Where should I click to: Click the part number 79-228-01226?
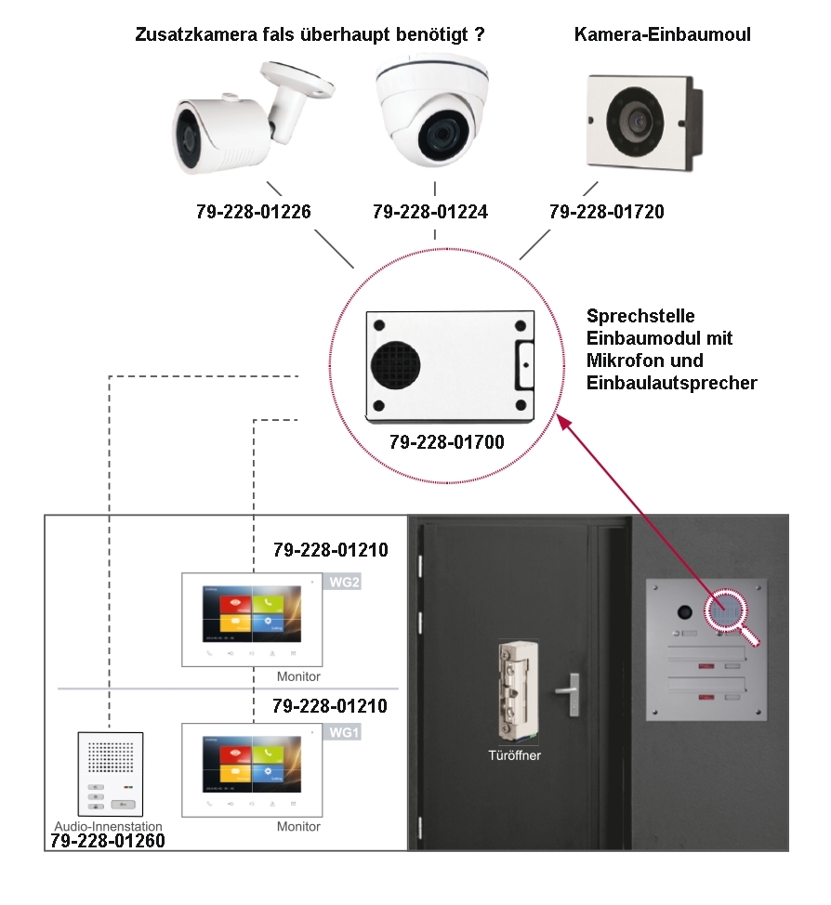click(253, 212)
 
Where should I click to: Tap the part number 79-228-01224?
click(429, 212)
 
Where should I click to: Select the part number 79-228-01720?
click(607, 212)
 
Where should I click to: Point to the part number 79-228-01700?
click(447, 442)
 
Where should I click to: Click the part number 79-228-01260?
click(109, 842)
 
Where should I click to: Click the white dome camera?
click(432, 108)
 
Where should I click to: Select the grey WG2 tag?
click(342, 584)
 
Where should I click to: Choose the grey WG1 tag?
click(342, 732)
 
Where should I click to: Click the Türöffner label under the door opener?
click(515, 755)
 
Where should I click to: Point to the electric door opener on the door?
click(514, 692)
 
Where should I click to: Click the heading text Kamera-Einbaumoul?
click(663, 35)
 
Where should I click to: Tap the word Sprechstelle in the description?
click(640, 317)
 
